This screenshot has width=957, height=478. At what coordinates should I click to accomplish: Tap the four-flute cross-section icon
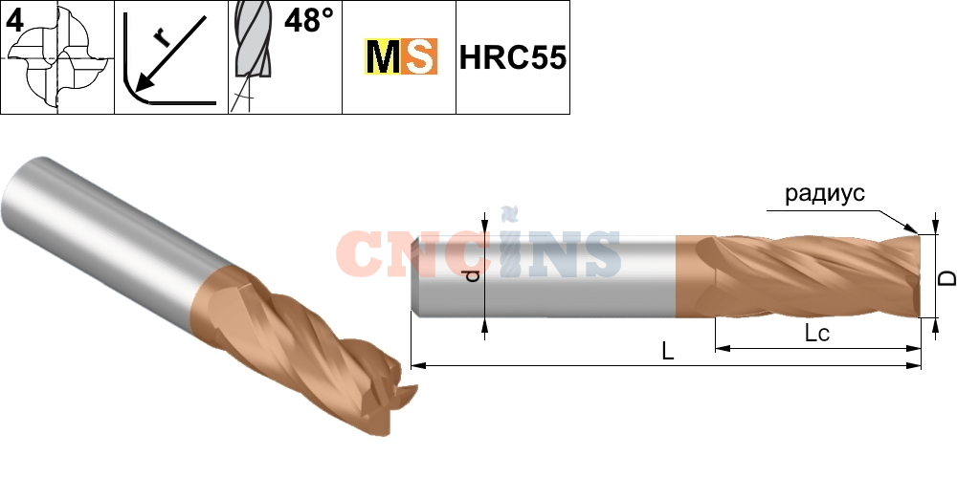tap(59, 58)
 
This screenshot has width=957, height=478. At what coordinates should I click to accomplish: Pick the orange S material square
tap(419, 58)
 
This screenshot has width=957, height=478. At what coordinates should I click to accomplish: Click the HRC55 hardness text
tap(512, 58)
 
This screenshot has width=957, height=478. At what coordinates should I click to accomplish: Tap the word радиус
tap(824, 194)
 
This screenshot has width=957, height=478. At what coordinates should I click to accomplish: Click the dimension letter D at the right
tap(945, 277)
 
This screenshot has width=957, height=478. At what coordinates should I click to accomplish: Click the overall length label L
tap(668, 352)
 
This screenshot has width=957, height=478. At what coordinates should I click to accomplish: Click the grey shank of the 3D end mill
tap(105, 220)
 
